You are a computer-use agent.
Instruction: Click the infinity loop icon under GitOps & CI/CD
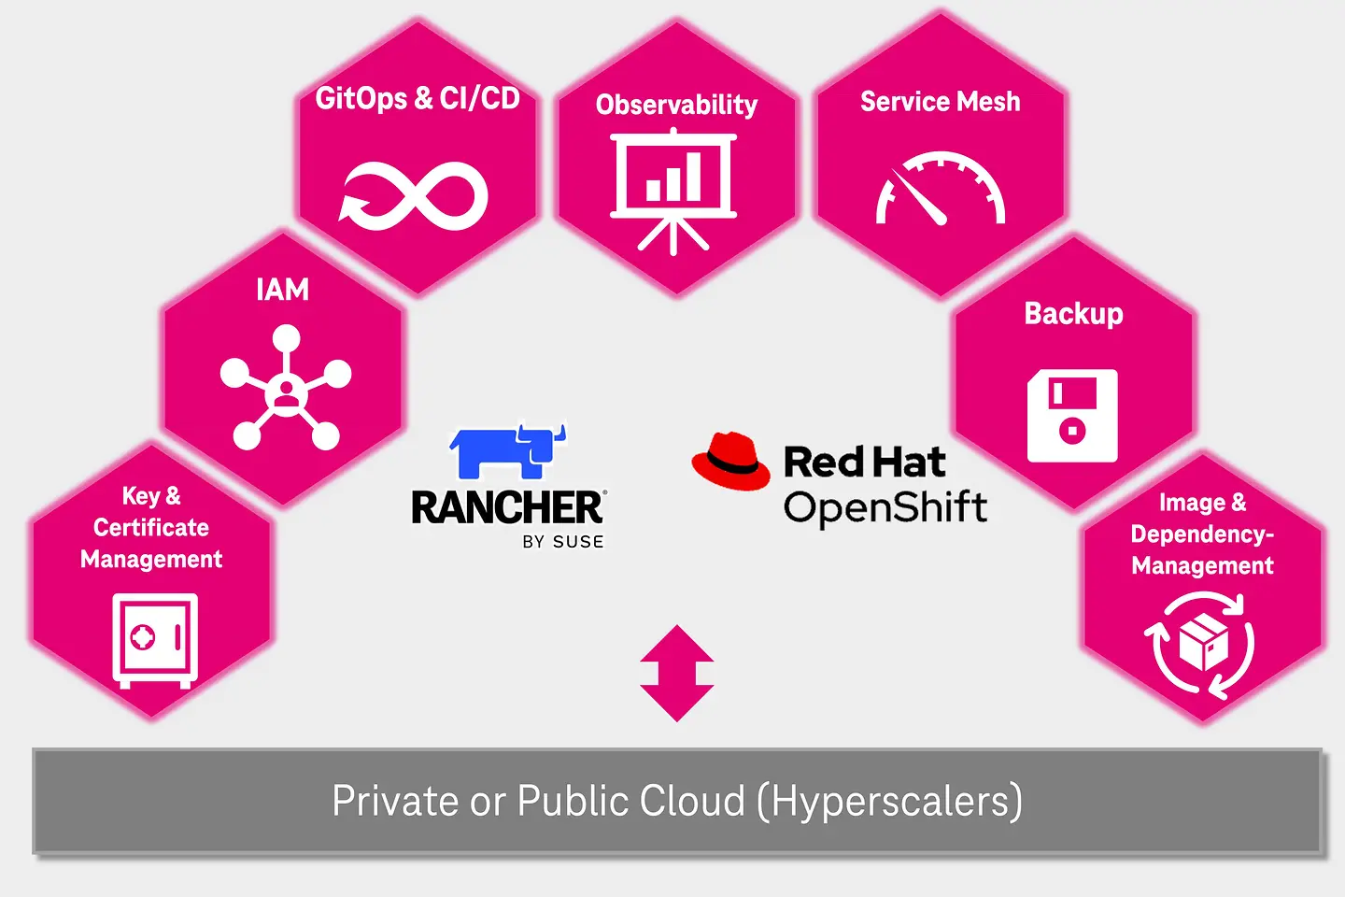pos(414,196)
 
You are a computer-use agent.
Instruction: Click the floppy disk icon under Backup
pos(1072,416)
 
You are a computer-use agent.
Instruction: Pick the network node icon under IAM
pos(285,388)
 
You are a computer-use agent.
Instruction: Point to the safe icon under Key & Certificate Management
pos(155,640)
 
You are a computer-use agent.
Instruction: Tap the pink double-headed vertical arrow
pos(677,673)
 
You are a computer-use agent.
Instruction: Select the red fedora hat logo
pos(731,460)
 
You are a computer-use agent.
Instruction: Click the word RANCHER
pos(507,507)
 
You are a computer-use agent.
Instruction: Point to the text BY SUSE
pos(563,542)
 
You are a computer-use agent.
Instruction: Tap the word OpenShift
pos(885,507)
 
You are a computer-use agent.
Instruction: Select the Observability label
pos(676,105)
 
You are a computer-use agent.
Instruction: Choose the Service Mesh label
pos(940,102)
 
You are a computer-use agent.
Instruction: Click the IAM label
pos(282,290)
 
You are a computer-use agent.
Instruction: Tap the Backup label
pos(1073,314)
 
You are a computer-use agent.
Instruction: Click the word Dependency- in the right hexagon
pos(1202,534)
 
